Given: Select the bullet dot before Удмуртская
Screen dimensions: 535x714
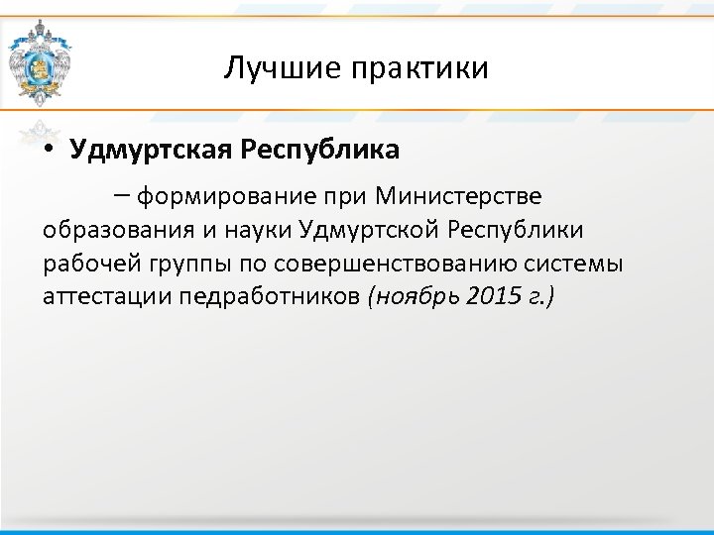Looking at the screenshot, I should pos(49,152).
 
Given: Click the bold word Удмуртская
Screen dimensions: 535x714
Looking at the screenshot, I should pos(148,151).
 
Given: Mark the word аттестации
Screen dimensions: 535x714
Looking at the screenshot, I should pos(106,296).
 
